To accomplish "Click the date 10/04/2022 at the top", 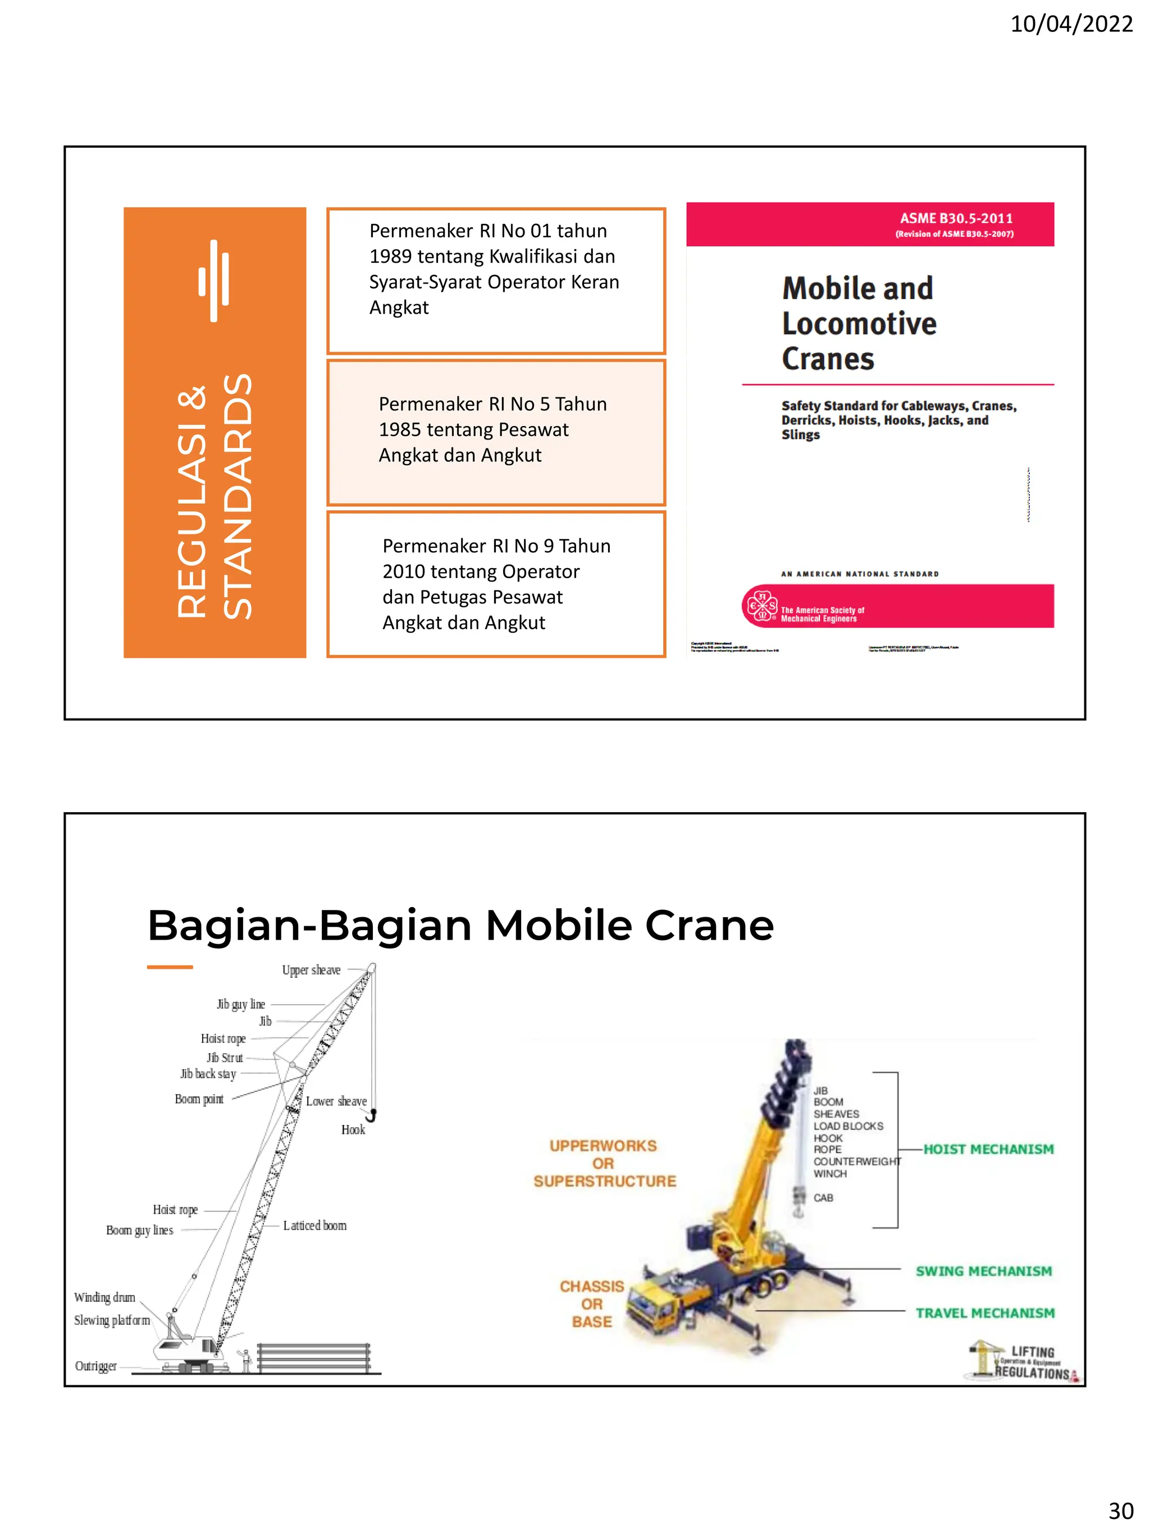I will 1070,24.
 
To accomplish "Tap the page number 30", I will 1120,1510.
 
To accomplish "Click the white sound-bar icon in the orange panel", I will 213,281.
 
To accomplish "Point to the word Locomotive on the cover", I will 859,324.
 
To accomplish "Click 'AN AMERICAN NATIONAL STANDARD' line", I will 860,574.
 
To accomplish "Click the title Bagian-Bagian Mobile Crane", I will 460,925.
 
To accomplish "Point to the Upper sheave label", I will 311,970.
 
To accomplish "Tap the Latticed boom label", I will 314,1225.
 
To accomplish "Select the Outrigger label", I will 95,1366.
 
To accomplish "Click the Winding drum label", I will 104,1297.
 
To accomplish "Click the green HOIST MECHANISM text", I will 988,1149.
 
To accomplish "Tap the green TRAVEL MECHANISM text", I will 984,1312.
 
